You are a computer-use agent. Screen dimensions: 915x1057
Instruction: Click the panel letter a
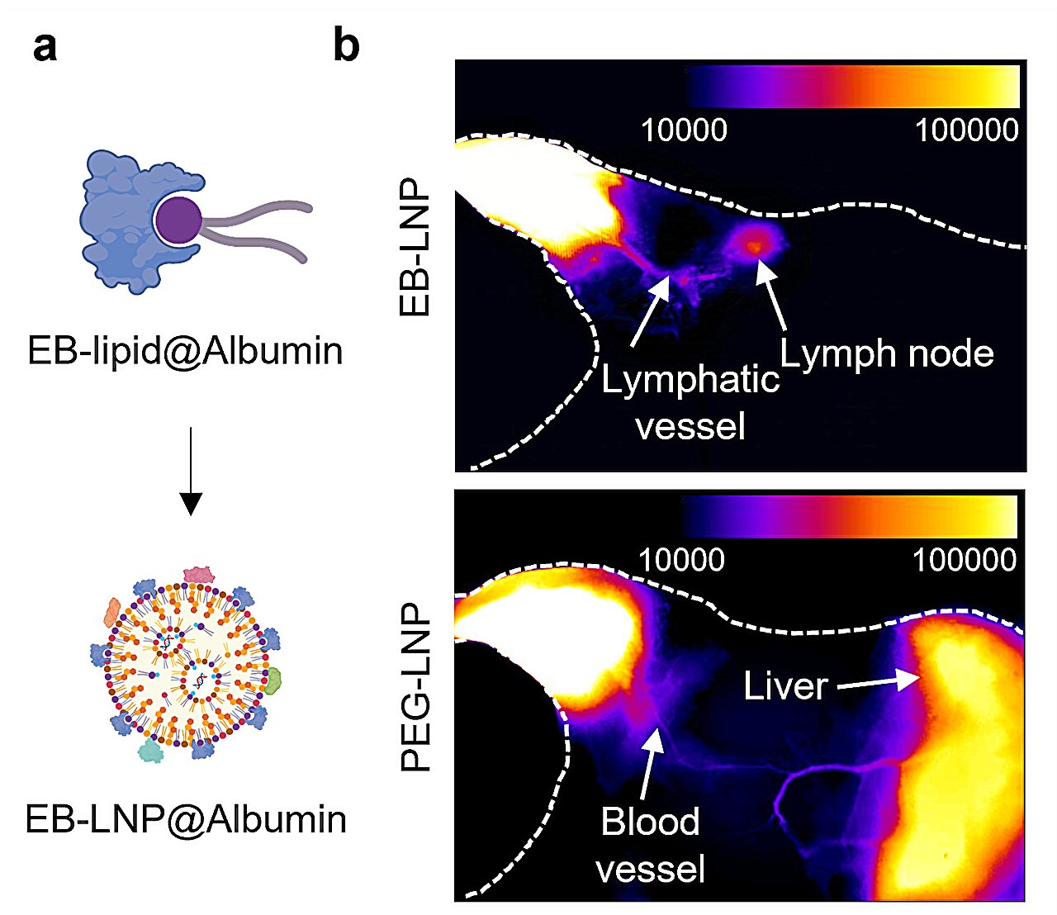[x=45, y=47]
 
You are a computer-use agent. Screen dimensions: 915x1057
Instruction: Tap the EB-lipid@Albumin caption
[x=185, y=351]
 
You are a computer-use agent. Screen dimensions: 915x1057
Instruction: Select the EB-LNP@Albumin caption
[x=186, y=820]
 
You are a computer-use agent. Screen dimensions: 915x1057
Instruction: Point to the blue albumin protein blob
[x=124, y=218]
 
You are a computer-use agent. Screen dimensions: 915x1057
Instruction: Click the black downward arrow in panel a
[x=191, y=471]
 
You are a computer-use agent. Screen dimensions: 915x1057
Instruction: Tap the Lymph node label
[x=887, y=353]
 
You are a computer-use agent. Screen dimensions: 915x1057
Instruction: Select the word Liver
[x=785, y=686]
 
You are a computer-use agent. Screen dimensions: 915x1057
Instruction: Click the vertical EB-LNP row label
[x=415, y=248]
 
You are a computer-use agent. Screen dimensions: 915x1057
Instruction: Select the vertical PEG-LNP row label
[x=415, y=688]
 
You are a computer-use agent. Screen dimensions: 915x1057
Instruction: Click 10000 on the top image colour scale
[x=684, y=130]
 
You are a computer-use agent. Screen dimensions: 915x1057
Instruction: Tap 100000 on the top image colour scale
[x=966, y=130]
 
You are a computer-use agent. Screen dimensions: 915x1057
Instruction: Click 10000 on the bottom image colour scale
[x=681, y=560]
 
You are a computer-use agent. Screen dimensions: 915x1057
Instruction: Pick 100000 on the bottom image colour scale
[x=964, y=560]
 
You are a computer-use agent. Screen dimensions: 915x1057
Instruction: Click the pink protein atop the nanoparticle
[x=198, y=575]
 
